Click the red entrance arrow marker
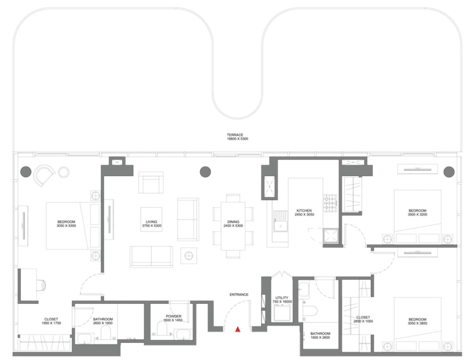(x=237, y=329)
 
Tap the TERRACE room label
(x=237, y=135)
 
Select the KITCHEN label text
(x=304, y=211)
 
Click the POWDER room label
(x=174, y=316)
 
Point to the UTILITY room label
(x=282, y=298)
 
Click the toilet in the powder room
(x=163, y=327)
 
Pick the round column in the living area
(x=205, y=172)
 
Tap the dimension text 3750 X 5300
(x=151, y=226)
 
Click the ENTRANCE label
(x=239, y=295)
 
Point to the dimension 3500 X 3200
(x=417, y=215)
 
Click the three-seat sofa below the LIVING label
(x=151, y=256)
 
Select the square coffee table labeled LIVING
(x=151, y=219)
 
